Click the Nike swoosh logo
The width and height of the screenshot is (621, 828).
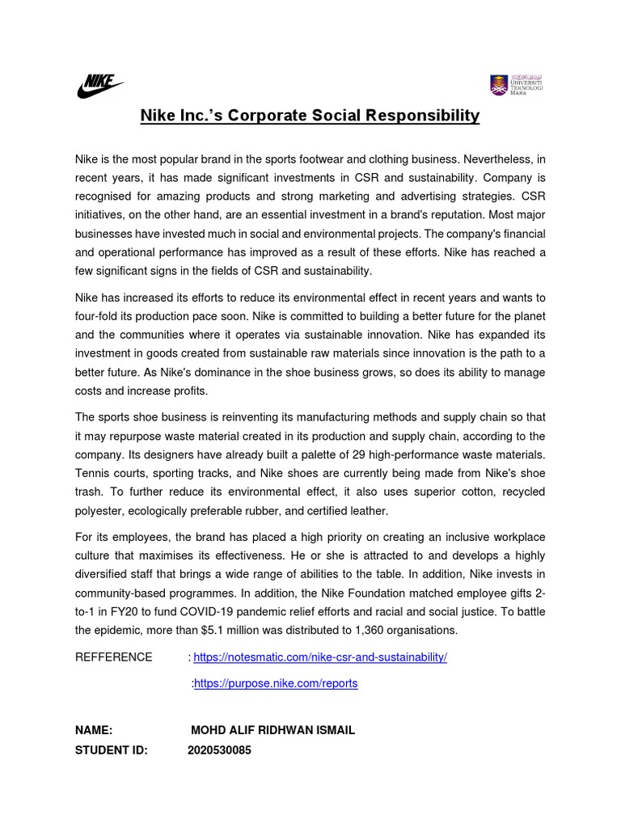click(x=100, y=85)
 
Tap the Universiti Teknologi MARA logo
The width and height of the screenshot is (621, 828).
click(x=516, y=84)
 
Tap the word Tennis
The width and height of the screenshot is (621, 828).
click(x=93, y=474)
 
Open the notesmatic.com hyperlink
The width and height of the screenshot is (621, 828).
click(x=320, y=657)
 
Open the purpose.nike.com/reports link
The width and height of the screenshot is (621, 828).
click(x=276, y=684)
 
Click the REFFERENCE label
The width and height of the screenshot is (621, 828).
click(x=113, y=657)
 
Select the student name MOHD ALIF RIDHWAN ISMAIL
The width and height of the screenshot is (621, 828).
click(x=272, y=730)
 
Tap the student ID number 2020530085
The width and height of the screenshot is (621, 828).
click(x=219, y=750)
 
